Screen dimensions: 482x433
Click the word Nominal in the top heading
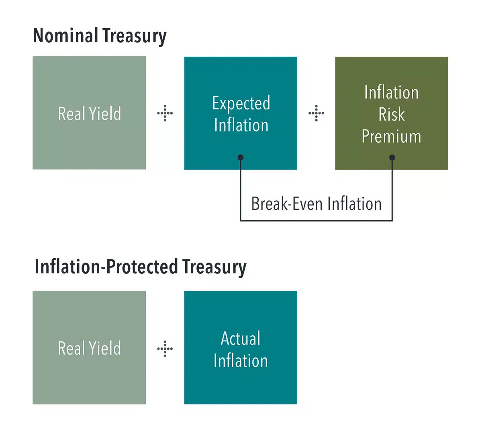click(65, 35)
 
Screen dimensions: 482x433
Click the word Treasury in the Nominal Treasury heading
click(135, 37)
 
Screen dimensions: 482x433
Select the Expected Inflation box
click(241, 113)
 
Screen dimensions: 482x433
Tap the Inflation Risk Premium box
click(391, 113)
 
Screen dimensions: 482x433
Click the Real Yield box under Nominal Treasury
click(89, 113)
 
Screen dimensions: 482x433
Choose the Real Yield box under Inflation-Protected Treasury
click(89, 347)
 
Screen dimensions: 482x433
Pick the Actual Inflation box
click(241, 347)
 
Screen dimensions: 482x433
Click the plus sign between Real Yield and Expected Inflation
click(165, 113)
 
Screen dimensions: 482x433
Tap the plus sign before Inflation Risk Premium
click(316, 113)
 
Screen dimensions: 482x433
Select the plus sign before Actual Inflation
click(165, 349)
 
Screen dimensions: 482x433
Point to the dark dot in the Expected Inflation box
click(241, 158)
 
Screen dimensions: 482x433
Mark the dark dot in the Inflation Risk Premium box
click(392, 158)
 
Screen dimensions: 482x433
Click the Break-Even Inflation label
click(317, 204)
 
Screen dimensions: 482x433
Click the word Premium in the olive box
click(391, 136)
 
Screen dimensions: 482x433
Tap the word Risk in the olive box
click(391, 114)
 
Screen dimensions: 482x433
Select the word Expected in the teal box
click(241, 103)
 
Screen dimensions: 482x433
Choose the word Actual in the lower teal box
click(241, 338)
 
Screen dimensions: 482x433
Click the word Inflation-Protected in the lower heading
click(106, 266)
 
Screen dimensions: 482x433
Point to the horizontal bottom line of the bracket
click(316, 221)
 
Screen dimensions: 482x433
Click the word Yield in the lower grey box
click(105, 348)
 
